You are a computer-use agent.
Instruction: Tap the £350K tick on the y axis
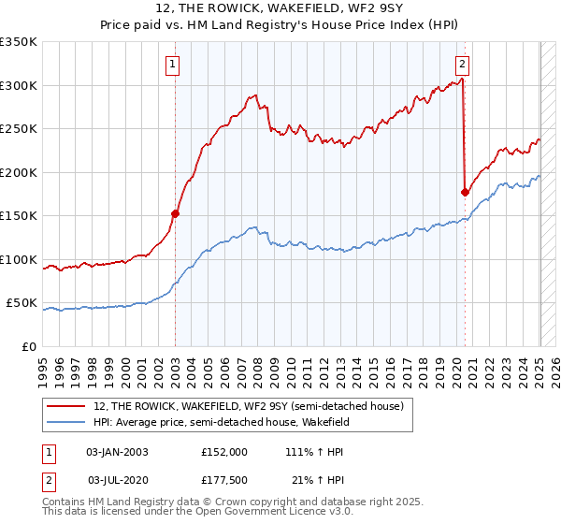(x=19, y=42)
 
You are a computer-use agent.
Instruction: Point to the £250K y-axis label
(x=19, y=129)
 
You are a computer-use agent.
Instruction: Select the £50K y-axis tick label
(x=22, y=303)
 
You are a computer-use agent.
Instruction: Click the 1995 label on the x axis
(x=43, y=365)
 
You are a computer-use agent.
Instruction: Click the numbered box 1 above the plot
(x=174, y=65)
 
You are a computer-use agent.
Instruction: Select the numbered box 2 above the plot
(x=463, y=65)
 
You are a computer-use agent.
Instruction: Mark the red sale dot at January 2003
(x=175, y=213)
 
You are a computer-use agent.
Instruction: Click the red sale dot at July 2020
(x=465, y=192)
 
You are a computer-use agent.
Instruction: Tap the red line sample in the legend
(x=66, y=406)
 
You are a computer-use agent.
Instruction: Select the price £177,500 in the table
(x=223, y=479)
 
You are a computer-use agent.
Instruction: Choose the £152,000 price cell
(x=223, y=451)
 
